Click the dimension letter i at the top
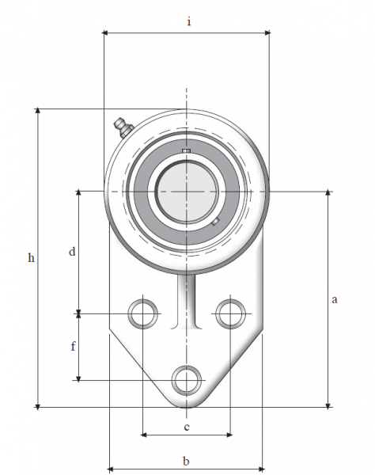tap(189, 22)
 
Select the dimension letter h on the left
tap(31, 258)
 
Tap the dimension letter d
tap(72, 252)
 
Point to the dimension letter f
tap(73, 346)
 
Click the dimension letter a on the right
tap(334, 299)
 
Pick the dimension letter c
tap(187, 427)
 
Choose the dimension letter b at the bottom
tap(186, 461)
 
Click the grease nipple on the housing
tap(123, 127)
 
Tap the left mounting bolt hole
tap(143, 313)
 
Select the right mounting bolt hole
tap(231, 313)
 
